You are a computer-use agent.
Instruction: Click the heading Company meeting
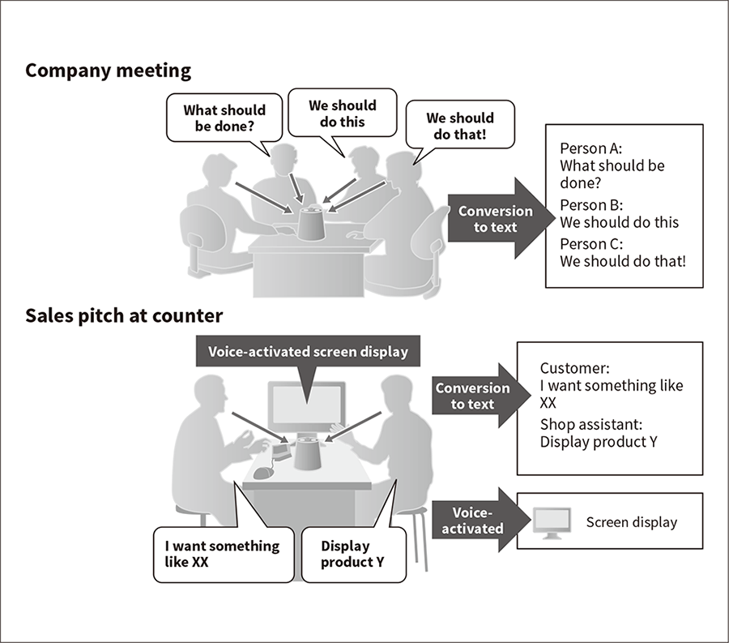point(108,71)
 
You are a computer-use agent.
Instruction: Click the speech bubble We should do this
point(343,114)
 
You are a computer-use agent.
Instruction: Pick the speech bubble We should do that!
point(459,126)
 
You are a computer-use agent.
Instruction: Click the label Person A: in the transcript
point(589,149)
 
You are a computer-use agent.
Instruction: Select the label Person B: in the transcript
point(589,205)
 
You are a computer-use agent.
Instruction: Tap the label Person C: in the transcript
point(589,244)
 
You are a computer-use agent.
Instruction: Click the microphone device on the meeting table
point(311,221)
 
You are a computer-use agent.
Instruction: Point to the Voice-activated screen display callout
point(308,352)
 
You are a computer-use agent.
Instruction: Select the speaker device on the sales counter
point(307,452)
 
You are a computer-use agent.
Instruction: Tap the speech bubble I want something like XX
point(222,554)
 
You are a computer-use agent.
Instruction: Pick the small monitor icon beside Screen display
point(552,523)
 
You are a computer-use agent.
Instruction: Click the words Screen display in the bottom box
point(631,522)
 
